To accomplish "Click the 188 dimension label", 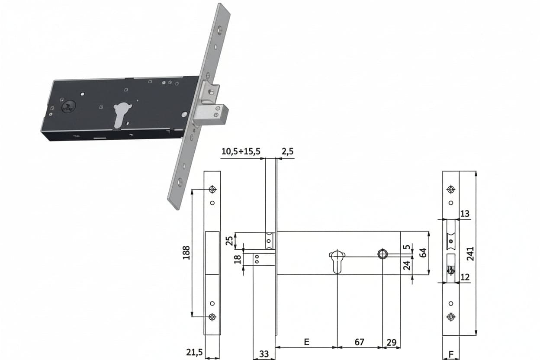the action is [x=186, y=252].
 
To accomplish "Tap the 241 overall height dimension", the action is [x=470, y=254].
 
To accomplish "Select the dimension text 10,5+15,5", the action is [x=241, y=151].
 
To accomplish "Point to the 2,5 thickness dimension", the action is [x=288, y=151].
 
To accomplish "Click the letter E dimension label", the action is [x=306, y=342].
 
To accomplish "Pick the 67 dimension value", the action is [x=359, y=342].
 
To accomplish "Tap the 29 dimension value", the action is [x=392, y=342].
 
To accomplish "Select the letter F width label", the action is [x=451, y=354].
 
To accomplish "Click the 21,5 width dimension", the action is [x=194, y=353].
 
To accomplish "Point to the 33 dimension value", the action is [x=264, y=354].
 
